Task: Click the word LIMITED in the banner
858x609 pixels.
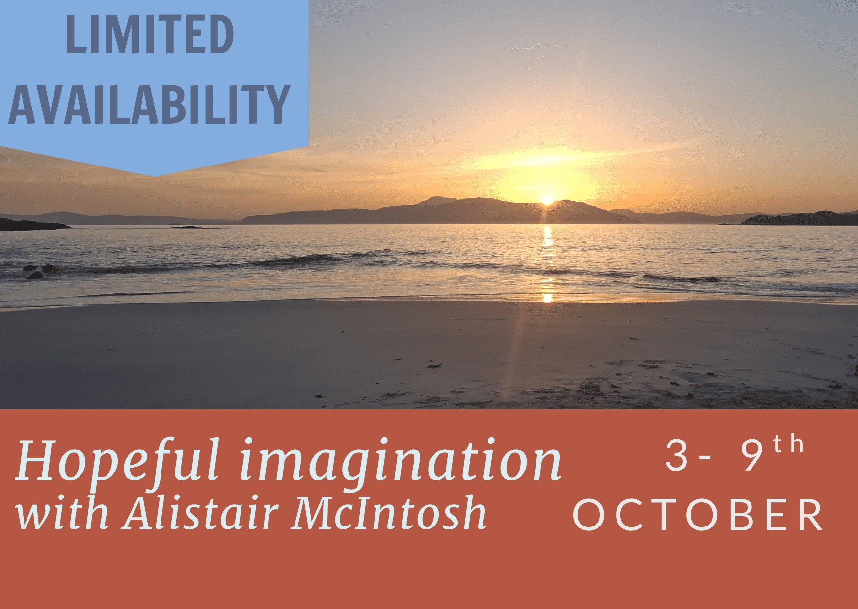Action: click(150, 34)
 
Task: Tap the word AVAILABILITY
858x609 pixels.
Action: click(149, 104)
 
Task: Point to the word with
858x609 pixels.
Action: click(62, 513)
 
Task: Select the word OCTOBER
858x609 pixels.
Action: click(698, 515)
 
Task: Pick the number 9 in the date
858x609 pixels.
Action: click(752, 455)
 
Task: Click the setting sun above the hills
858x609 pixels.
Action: click(548, 200)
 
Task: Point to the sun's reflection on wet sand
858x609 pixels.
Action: click(547, 297)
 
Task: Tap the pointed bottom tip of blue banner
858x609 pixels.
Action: click(154, 176)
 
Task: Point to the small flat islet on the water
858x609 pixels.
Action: click(194, 227)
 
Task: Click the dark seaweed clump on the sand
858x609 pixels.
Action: click(435, 365)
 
